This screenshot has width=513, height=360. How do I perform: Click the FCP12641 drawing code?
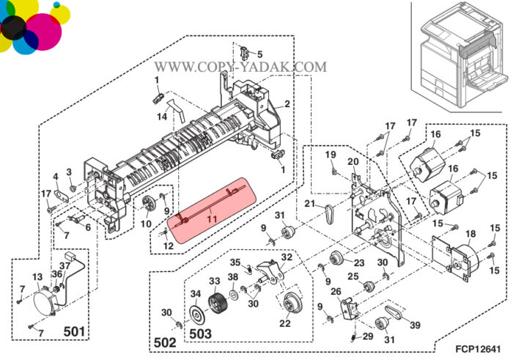(x=478, y=349)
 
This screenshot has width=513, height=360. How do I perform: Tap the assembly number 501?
(x=74, y=331)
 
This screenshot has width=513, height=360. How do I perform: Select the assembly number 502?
(x=165, y=342)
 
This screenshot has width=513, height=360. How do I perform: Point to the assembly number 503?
(x=200, y=334)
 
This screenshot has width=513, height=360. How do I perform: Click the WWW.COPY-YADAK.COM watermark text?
(x=240, y=67)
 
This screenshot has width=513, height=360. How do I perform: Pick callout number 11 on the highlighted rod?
(x=212, y=219)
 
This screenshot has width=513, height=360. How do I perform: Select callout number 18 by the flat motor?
(x=470, y=234)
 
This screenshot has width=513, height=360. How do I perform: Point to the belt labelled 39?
(x=394, y=312)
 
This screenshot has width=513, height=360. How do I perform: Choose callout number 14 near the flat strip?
(x=162, y=116)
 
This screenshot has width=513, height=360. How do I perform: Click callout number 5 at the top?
(x=259, y=54)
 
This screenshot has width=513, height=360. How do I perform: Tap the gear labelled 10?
(x=149, y=204)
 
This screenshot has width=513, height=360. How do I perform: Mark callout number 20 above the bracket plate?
(x=353, y=161)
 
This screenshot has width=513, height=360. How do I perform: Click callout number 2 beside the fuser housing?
(x=287, y=104)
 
